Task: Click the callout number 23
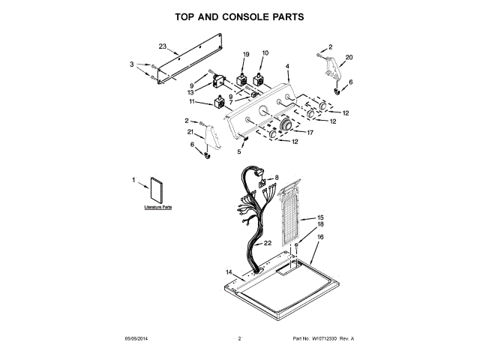pyautogui.click(x=162, y=46)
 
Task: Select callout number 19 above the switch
pyautogui.click(x=245, y=54)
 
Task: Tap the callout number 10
pyautogui.click(x=265, y=54)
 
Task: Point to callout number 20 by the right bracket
pyautogui.click(x=349, y=58)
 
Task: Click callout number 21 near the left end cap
pyautogui.click(x=191, y=132)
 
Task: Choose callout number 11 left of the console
pyautogui.click(x=193, y=101)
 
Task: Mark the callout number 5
pyautogui.click(x=239, y=151)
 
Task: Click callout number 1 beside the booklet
pyautogui.click(x=135, y=179)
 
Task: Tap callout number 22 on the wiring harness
pyautogui.click(x=268, y=243)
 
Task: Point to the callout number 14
pyautogui.click(x=229, y=272)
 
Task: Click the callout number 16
pyautogui.click(x=320, y=237)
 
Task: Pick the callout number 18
pyautogui.click(x=320, y=224)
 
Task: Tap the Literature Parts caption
pyautogui.click(x=158, y=206)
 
